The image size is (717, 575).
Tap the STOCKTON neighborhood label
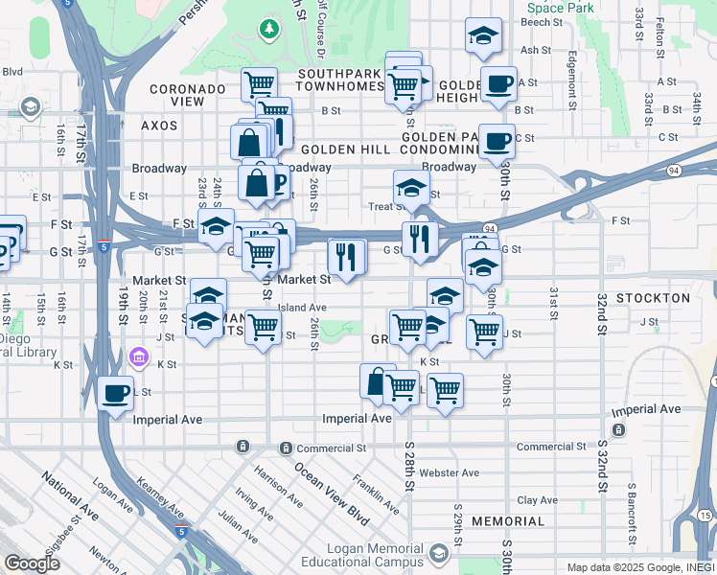point(653,298)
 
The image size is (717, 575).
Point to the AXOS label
point(159,126)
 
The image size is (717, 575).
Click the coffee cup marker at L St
point(115,392)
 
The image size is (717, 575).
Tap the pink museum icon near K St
point(139,358)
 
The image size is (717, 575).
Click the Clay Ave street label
point(538,500)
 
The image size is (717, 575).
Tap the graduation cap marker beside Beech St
point(482,36)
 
